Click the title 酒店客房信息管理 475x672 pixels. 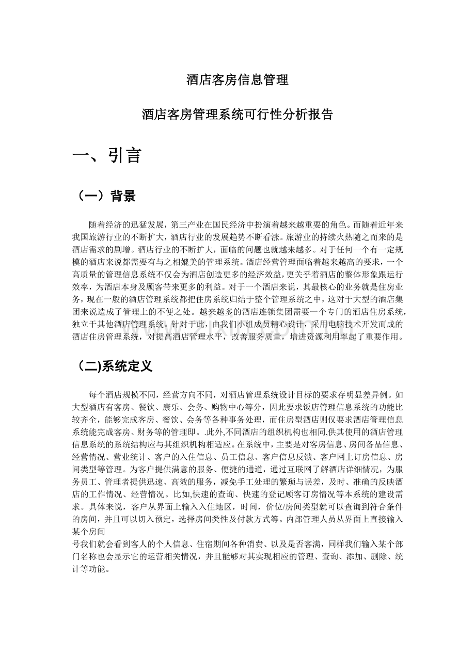[x=237, y=80]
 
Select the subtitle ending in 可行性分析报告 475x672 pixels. [x=237, y=115]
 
